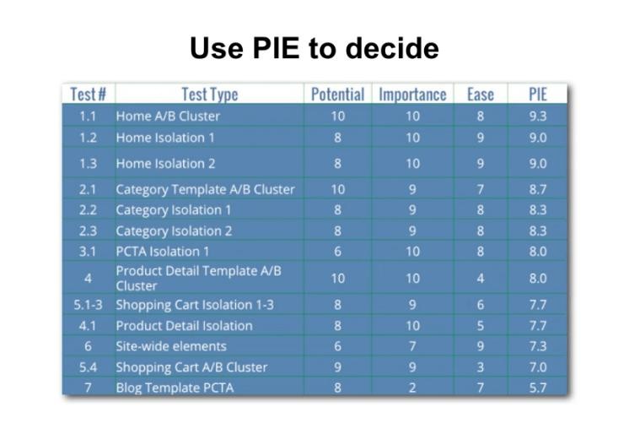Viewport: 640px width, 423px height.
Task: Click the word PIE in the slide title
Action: coord(276,48)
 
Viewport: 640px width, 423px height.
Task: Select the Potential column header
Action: coord(337,95)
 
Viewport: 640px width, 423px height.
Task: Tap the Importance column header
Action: coord(412,95)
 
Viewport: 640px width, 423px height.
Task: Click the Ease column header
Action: coord(481,95)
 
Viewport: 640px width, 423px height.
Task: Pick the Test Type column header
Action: coord(210,95)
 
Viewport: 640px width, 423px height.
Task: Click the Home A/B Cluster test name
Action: coord(168,116)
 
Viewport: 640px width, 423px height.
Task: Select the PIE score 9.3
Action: coord(538,116)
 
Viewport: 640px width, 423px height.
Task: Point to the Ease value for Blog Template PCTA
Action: coord(481,387)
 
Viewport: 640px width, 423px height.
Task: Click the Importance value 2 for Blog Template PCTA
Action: coord(412,387)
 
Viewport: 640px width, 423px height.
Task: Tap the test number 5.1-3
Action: coord(88,305)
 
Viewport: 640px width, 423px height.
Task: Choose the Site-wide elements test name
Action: coord(171,346)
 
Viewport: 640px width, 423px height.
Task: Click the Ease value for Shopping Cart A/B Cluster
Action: coord(481,367)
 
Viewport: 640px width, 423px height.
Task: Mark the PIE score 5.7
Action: coord(538,387)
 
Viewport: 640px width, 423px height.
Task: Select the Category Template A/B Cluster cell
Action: coord(205,190)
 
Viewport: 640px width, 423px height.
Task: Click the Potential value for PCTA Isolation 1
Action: coord(337,252)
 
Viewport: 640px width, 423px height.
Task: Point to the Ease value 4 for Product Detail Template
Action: coord(481,279)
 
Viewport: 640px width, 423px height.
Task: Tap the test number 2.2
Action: coord(88,210)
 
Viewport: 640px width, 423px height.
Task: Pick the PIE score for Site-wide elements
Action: coord(538,346)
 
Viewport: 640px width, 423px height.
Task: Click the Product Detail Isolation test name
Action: coord(184,326)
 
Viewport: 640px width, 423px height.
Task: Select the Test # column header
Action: coord(88,95)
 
